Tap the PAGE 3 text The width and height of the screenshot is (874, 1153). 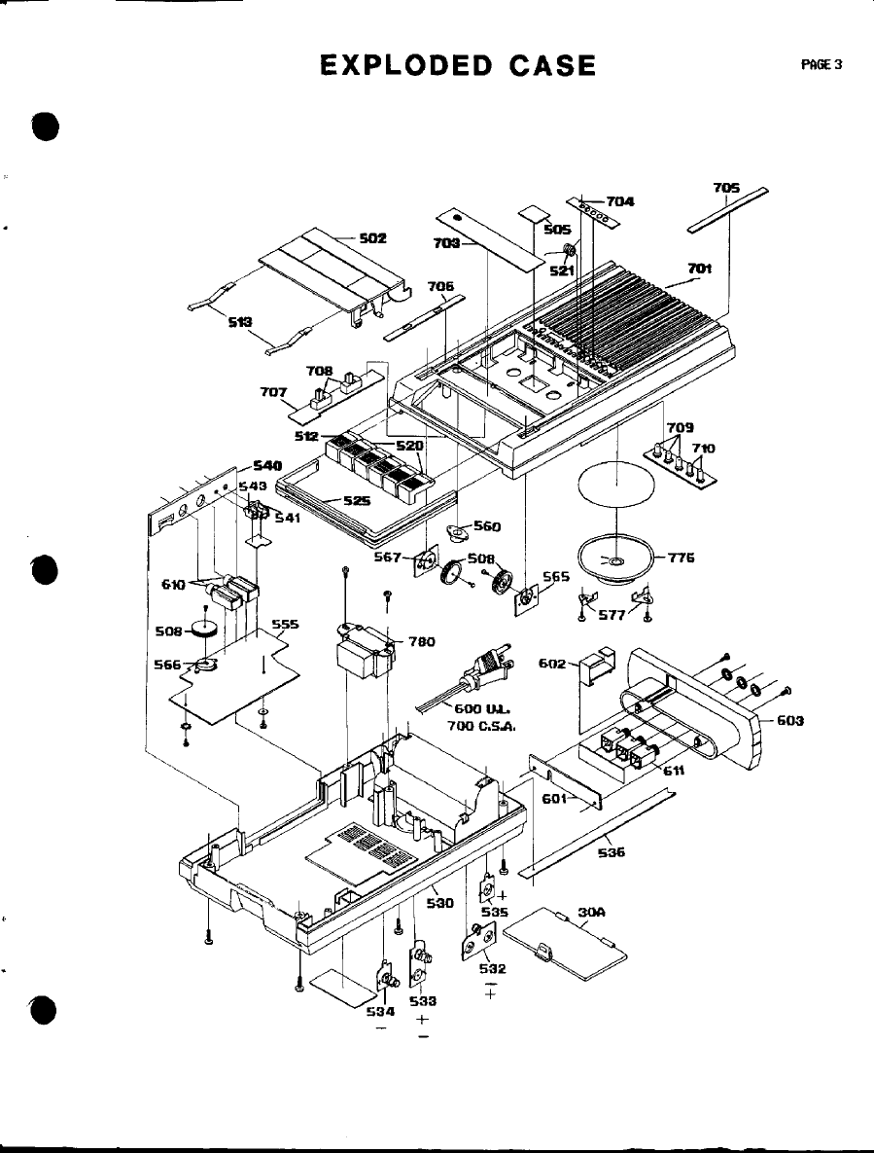point(821,65)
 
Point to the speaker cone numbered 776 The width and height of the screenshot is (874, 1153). point(610,558)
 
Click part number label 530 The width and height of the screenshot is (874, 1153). point(440,903)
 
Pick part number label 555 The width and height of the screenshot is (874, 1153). point(285,624)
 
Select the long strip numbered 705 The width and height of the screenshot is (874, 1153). point(727,210)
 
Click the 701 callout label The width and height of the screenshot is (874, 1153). point(700,268)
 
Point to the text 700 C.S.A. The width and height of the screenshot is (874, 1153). point(480,726)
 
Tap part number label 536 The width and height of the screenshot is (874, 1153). point(611,852)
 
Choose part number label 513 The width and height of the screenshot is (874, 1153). point(240,322)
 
